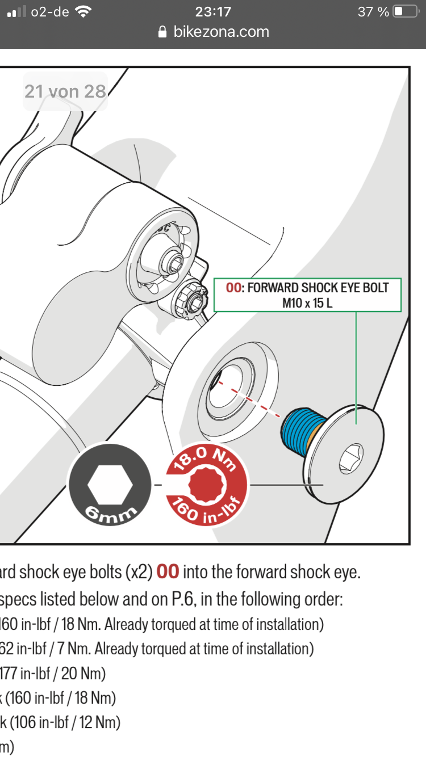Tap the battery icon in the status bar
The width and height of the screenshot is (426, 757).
click(406, 11)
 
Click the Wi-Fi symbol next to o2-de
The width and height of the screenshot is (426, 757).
click(83, 11)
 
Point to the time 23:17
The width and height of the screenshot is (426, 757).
click(213, 11)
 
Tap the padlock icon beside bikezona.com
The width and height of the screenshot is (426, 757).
click(164, 32)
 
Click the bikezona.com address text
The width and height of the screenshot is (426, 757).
click(221, 32)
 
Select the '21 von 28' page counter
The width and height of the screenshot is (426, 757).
click(65, 91)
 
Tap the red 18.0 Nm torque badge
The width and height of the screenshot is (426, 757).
click(207, 484)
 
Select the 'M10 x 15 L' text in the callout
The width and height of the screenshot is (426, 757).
click(307, 303)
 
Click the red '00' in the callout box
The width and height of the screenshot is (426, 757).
click(233, 288)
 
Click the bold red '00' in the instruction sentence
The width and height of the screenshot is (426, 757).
click(168, 572)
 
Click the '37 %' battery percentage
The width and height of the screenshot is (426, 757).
click(373, 11)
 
